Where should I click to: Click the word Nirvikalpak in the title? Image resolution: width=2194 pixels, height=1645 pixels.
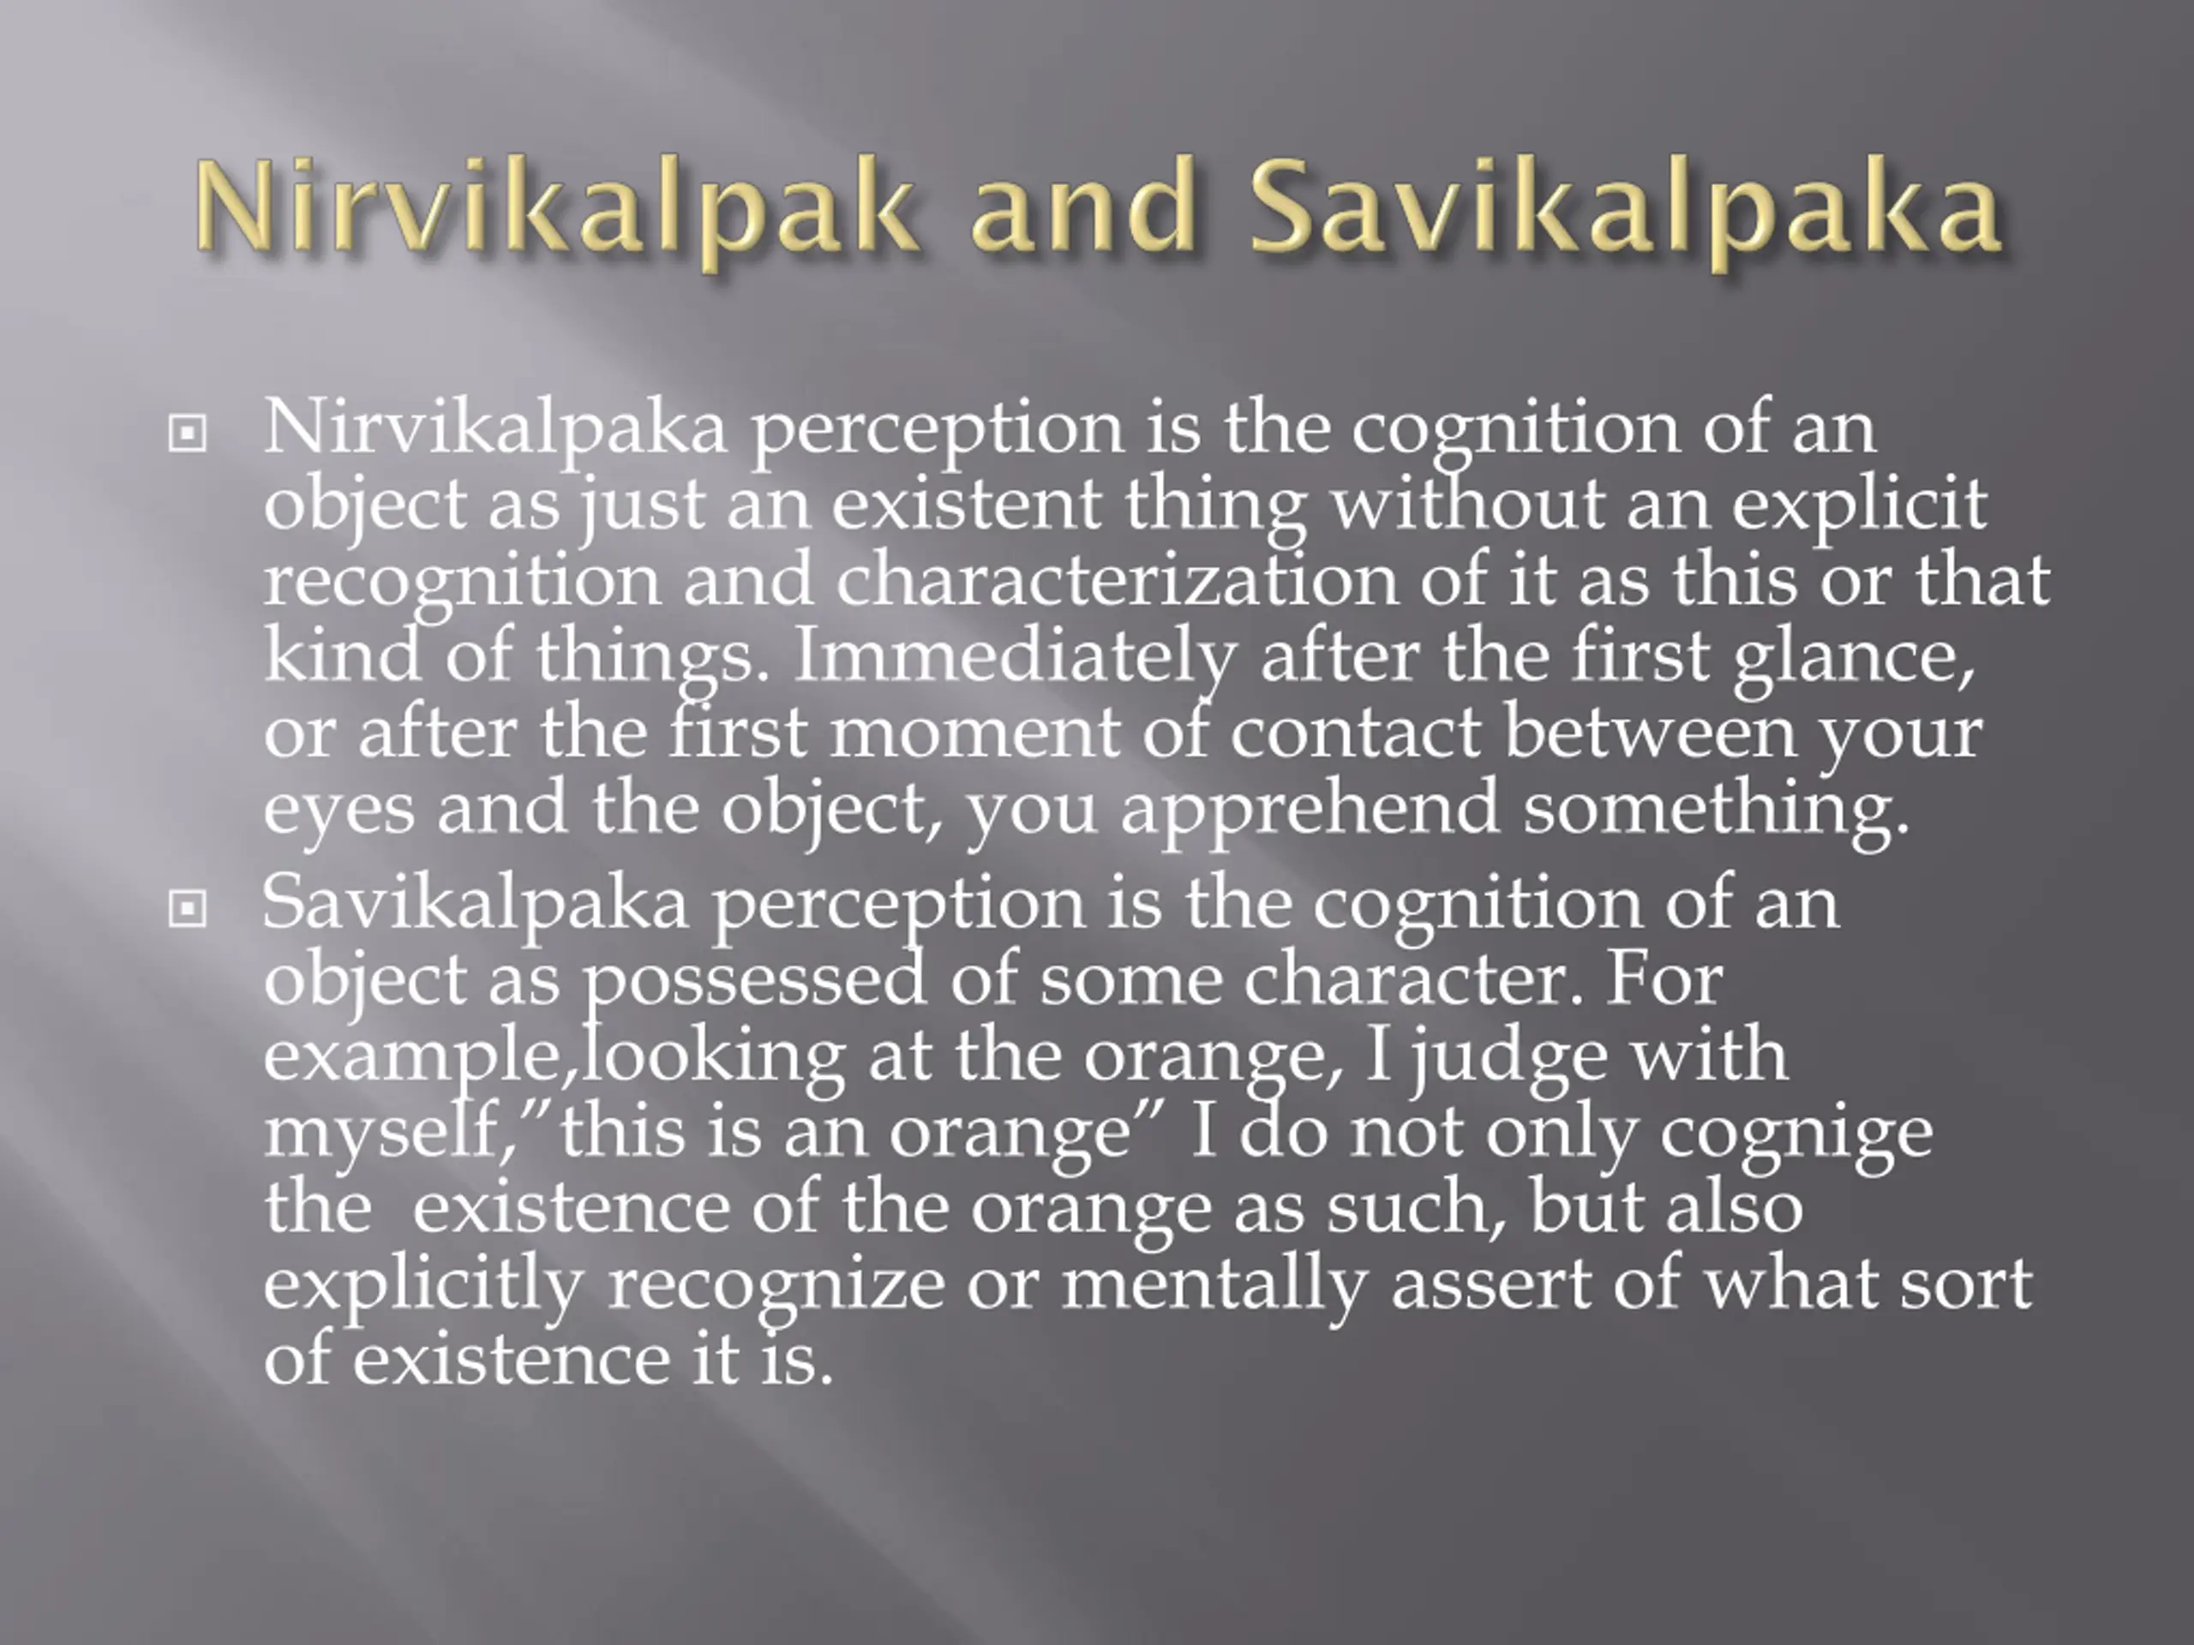coord(555,208)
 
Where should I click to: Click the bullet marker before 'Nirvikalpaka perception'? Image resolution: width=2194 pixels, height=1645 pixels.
coord(188,434)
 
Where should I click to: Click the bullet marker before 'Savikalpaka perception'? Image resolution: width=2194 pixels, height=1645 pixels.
coord(188,908)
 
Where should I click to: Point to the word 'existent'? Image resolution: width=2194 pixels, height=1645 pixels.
coord(965,504)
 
